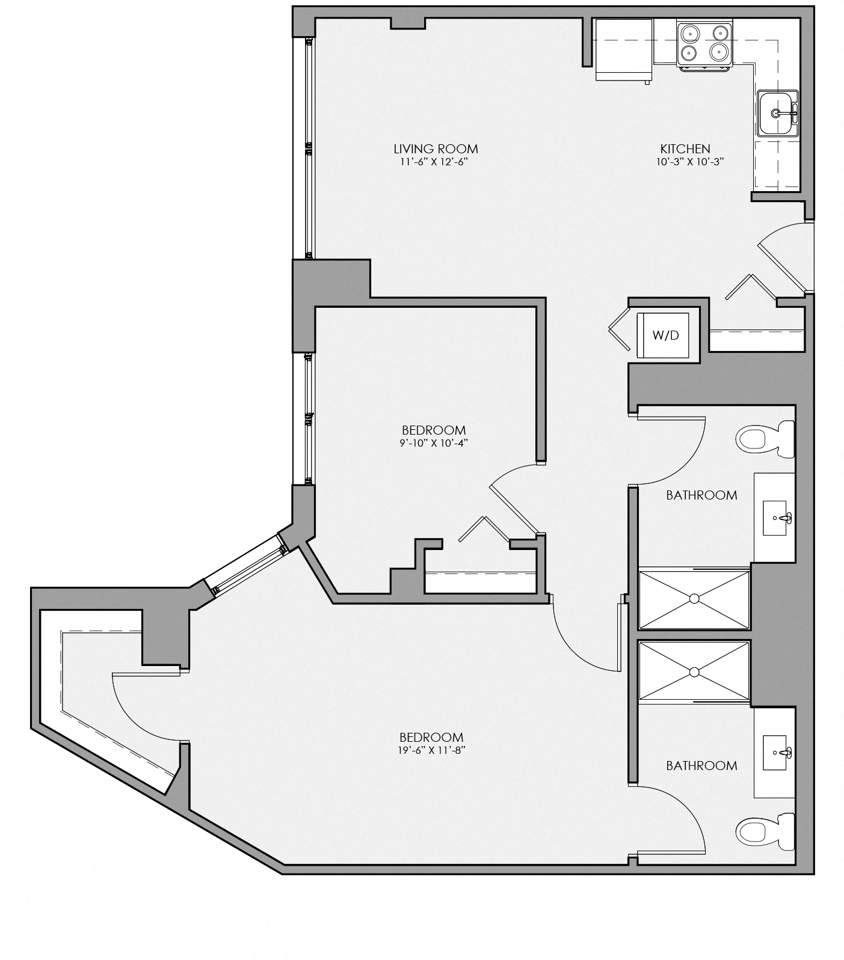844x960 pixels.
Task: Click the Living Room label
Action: click(x=436, y=148)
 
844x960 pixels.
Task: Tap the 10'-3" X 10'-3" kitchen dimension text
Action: click(x=685, y=162)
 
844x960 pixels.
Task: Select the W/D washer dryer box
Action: click(x=665, y=335)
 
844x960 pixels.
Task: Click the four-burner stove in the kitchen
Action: click(x=704, y=44)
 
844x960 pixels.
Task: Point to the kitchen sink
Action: click(x=777, y=113)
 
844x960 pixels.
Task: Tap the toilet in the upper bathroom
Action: click(x=764, y=439)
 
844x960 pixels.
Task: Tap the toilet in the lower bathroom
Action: click(x=764, y=832)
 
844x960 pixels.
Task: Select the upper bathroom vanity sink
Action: click(x=778, y=517)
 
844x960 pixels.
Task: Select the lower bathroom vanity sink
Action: click(x=778, y=752)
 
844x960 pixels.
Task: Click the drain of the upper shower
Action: click(x=694, y=599)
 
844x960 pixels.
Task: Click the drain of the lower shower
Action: click(x=694, y=671)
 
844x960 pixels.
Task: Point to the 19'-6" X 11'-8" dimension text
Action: click(x=432, y=750)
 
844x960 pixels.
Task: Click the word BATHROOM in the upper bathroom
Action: click(x=701, y=495)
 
